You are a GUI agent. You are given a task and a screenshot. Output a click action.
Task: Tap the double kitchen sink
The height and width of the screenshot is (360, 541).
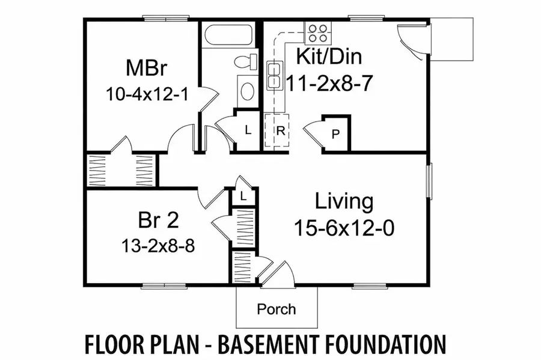[274, 75]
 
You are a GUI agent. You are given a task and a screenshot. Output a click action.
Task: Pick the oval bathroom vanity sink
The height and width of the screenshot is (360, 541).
[246, 91]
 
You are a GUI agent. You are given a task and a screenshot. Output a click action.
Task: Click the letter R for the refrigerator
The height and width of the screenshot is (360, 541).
[280, 129]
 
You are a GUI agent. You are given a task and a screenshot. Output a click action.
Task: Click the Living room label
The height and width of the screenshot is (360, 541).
[345, 201]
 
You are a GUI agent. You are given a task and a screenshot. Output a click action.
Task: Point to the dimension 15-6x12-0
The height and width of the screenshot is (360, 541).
[345, 228]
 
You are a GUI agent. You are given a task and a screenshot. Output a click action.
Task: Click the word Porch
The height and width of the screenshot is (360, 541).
[277, 310]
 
